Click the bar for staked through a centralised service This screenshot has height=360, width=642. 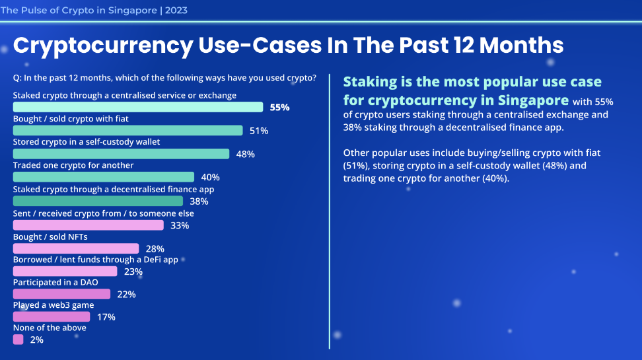138,107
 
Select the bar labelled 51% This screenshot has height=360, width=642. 128,131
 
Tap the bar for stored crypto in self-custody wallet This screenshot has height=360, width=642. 121,154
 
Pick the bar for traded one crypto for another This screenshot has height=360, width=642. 104,177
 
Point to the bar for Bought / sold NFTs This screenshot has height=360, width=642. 76,248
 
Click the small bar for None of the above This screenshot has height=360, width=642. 18,340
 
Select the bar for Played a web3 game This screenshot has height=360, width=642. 52,317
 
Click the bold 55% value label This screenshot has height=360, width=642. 279,107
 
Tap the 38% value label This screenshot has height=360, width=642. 199,201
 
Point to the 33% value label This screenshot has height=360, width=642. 180,225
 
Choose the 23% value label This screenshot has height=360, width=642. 133,271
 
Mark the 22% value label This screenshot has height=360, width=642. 126,295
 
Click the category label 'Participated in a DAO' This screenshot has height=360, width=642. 56,282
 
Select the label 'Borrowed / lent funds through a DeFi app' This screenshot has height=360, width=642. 96,260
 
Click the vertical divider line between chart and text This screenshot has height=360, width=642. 329,211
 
